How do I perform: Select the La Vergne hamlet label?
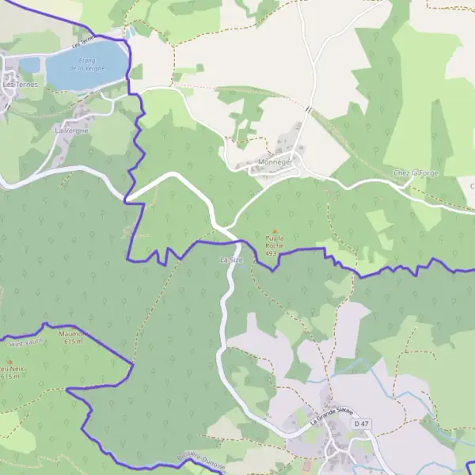(71, 130)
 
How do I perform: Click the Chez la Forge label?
(415, 173)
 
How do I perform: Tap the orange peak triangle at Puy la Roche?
(275, 231)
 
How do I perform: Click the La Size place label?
(231, 259)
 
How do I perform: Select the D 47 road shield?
(362, 424)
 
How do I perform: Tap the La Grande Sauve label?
(330, 416)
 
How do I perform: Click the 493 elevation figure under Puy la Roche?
(272, 253)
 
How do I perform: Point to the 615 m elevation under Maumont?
(73, 342)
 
